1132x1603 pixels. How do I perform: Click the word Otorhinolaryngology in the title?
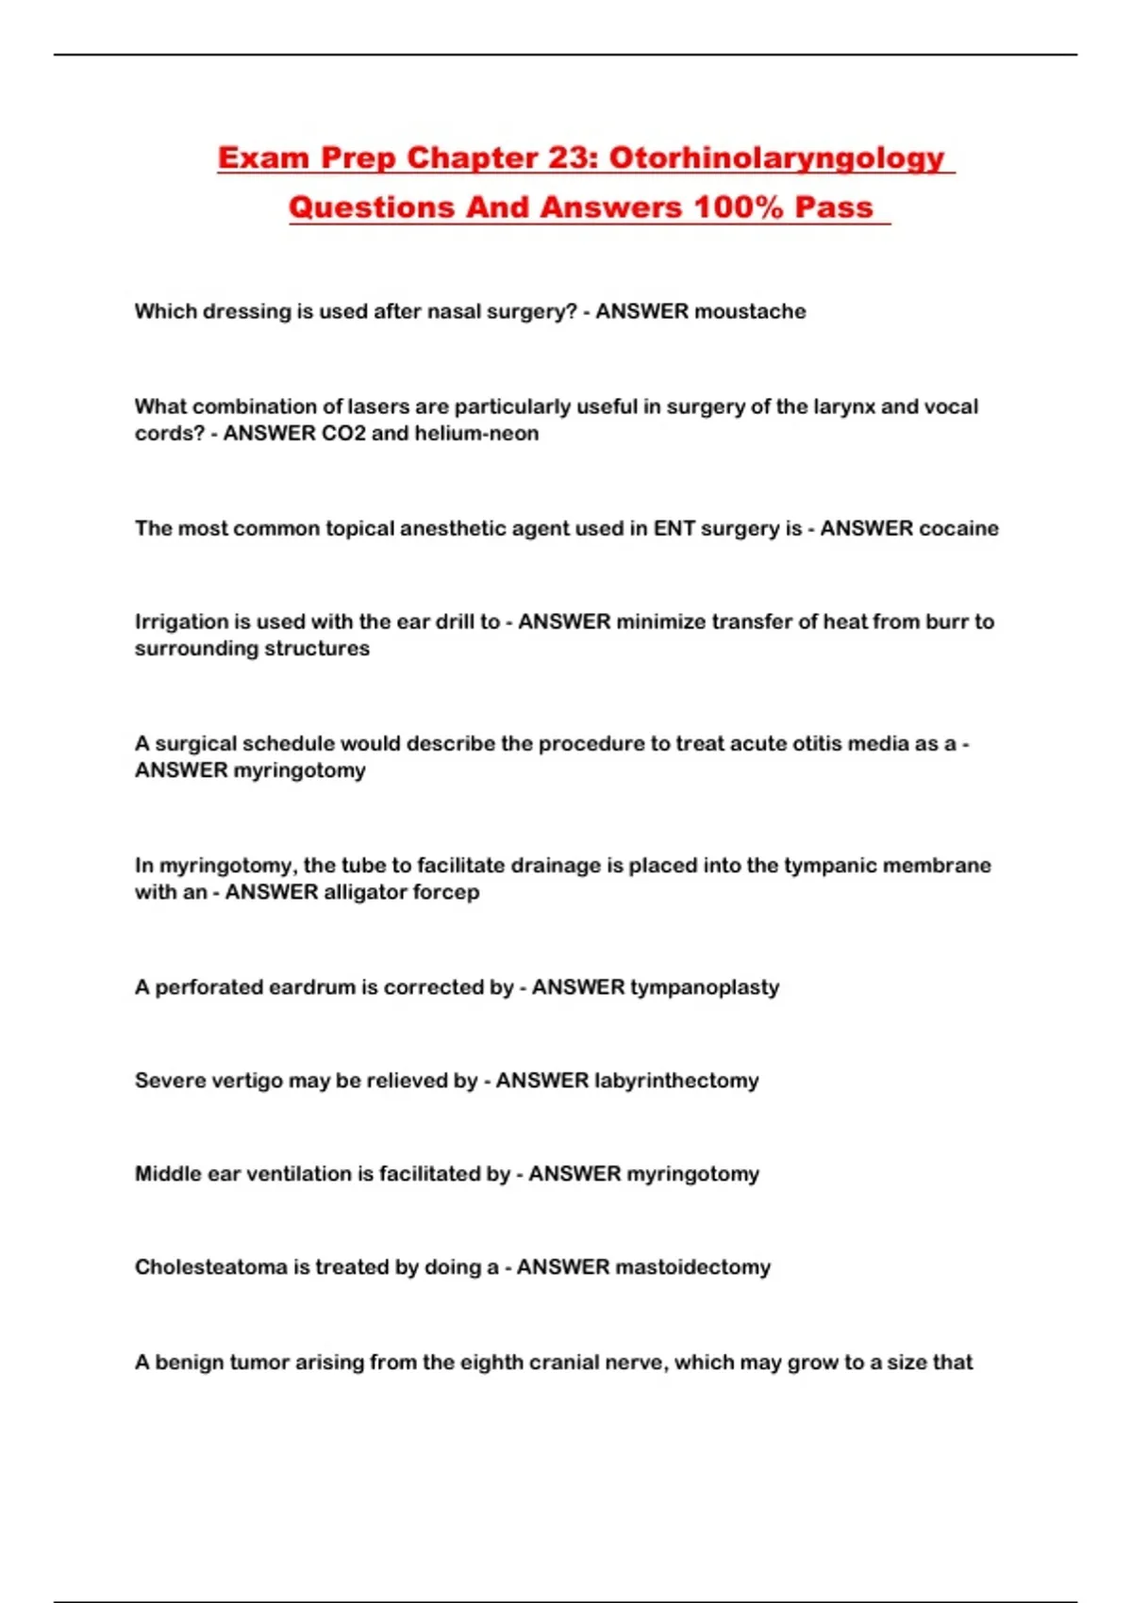point(776,157)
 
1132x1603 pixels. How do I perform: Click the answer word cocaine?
point(958,528)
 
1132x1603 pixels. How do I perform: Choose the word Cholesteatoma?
point(210,1267)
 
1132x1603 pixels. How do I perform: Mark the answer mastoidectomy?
point(692,1267)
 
